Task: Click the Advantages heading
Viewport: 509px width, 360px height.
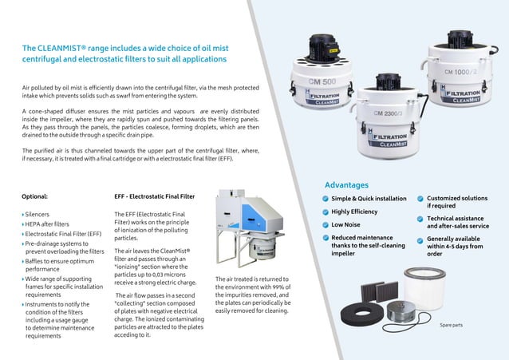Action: (346, 184)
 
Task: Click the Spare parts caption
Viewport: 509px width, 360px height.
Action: (452, 325)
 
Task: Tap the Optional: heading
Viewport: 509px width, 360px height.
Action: (36, 196)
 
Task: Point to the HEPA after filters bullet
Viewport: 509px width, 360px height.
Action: (49, 224)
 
